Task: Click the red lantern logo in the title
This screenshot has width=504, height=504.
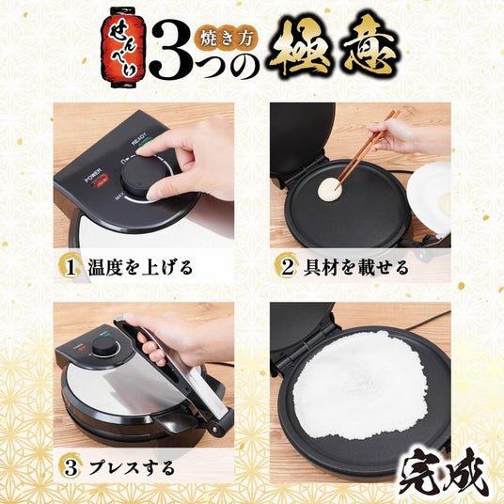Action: point(123,48)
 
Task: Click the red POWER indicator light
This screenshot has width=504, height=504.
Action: point(100,181)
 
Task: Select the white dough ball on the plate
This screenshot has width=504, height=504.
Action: point(329,188)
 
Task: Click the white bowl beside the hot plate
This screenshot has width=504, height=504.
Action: point(430,197)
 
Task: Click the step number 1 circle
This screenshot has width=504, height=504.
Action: point(70,268)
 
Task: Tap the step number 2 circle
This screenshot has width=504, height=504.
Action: point(286,267)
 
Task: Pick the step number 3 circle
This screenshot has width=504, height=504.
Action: point(71,468)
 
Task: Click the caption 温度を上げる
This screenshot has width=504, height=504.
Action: point(140,268)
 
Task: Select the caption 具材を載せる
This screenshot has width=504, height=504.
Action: point(355,267)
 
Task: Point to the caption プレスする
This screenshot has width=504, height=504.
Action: point(132,468)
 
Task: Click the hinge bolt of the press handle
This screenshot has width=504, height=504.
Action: point(214,429)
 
